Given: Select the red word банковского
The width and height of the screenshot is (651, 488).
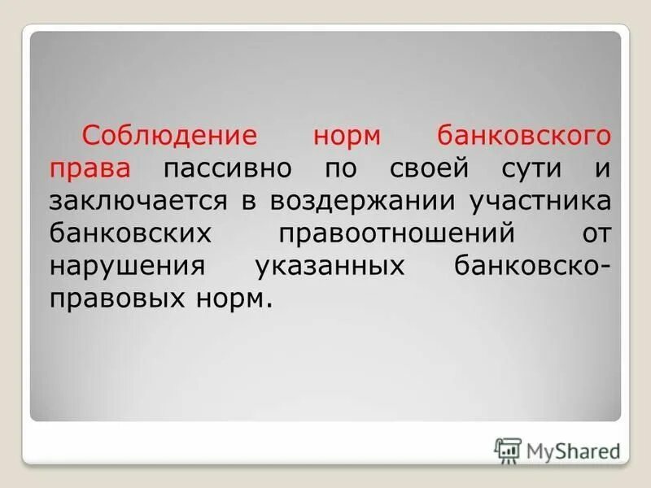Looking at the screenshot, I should [523, 135].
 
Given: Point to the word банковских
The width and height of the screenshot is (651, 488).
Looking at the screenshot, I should [130, 233].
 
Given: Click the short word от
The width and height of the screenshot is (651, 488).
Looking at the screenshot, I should [592, 233].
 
